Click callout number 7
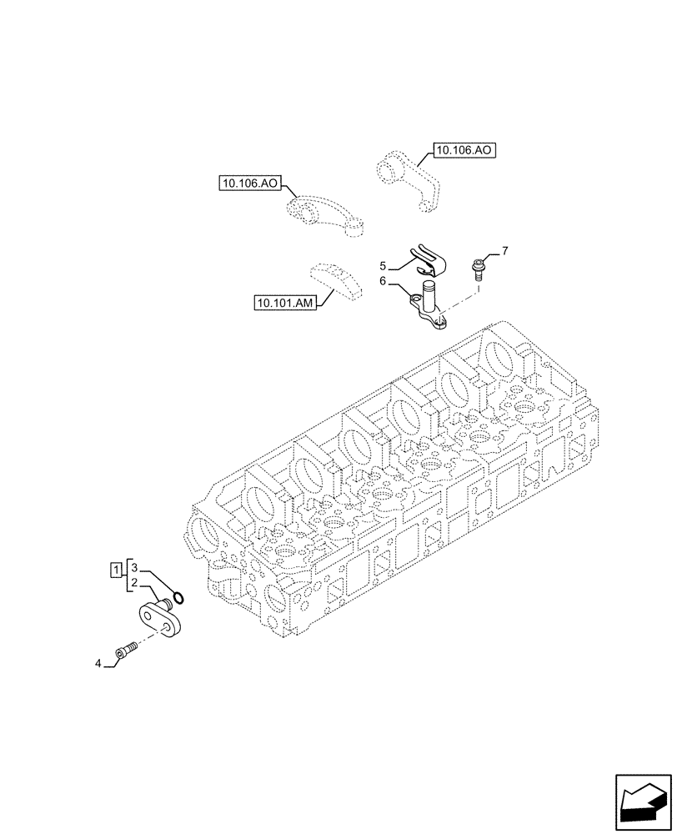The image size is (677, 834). click(x=504, y=250)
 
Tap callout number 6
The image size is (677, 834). click(x=383, y=282)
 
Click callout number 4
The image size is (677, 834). click(x=98, y=664)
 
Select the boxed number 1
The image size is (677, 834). click(x=115, y=570)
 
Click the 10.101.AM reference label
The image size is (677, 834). click(x=285, y=304)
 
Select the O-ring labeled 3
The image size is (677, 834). click(x=178, y=597)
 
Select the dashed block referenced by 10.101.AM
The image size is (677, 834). click(x=338, y=279)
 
